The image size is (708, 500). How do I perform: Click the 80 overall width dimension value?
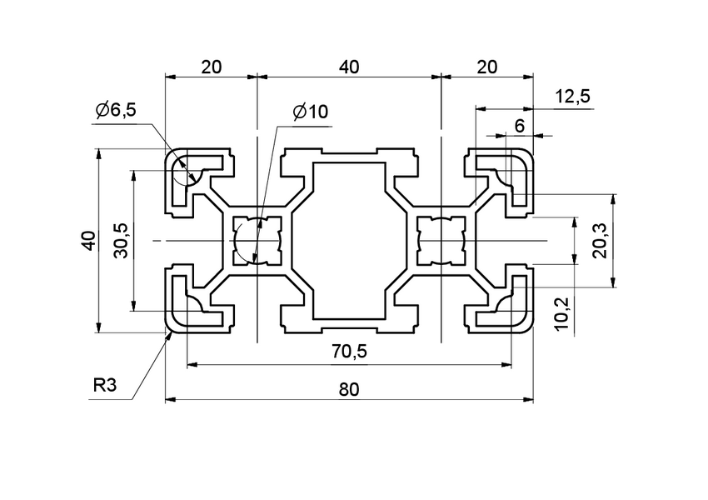pyautogui.click(x=349, y=389)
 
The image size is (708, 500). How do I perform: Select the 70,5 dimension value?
pyautogui.click(x=349, y=353)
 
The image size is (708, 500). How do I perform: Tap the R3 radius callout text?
pyautogui.click(x=105, y=386)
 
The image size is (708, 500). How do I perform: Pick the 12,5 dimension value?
pyautogui.click(x=571, y=97)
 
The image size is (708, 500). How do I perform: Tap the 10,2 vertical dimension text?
pyautogui.click(x=563, y=310)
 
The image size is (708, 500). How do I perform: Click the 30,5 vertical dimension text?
pyautogui.click(x=121, y=241)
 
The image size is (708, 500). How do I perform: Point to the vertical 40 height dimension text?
pyautogui.click(x=87, y=242)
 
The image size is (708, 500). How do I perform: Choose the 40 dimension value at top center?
pyautogui.click(x=349, y=67)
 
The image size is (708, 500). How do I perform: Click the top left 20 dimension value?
pyautogui.click(x=211, y=67)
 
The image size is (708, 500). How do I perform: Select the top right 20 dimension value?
pyautogui.click(x=486, y=67)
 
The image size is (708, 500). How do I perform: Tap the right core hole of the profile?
pyautogui.click(x=440, y=241)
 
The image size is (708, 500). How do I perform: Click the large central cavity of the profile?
pyautogui.click(x=349, y=241)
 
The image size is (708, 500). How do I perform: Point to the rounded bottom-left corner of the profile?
pyautogui.click(x=170, y=328)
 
